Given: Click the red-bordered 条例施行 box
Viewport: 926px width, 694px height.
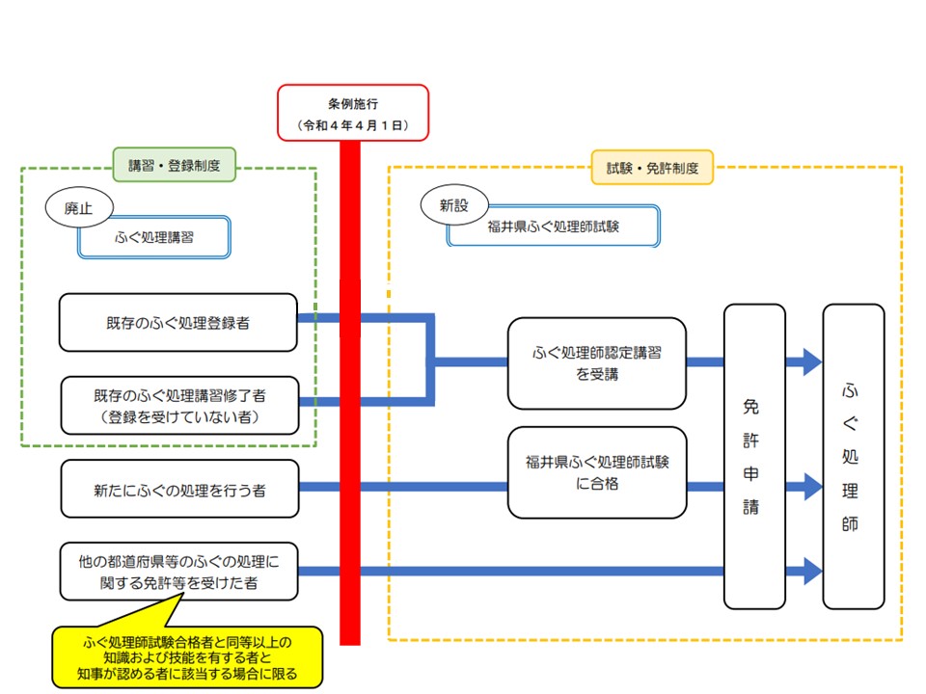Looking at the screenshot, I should (x=352, y=100).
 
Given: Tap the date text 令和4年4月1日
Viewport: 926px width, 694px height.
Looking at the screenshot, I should (x=352, y=125).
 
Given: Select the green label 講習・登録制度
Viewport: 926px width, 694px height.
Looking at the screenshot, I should (x=175, y=165).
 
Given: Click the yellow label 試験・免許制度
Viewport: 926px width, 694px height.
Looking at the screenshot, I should (x=651, y=168).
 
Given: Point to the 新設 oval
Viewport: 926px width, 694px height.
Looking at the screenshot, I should (x=453, y=204).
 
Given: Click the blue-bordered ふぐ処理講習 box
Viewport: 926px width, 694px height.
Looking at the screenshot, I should (x=153, y=236).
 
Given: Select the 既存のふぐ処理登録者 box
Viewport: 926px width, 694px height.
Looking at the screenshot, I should (x=177, y=323).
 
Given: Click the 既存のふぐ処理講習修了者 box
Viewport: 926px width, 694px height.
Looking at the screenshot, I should (x=178, y=405).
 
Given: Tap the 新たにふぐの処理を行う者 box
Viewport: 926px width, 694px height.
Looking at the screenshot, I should (x=178, y=489).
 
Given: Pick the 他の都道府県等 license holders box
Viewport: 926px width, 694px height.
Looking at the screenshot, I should (x=178, y=570).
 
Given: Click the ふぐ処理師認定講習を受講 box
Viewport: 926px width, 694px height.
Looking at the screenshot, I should (x=597, y=363).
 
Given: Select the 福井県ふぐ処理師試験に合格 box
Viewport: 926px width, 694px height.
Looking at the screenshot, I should (x=597, y=472).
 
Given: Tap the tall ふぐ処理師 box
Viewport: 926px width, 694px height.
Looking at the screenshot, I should (x=853, y=456).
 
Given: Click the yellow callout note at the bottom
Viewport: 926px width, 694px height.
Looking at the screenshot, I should (x=187, y=657).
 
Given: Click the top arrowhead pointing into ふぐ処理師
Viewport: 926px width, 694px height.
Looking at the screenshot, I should (x=803, y=362).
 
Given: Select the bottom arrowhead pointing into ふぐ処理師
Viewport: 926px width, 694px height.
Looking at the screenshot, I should (x=803, y=571).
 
